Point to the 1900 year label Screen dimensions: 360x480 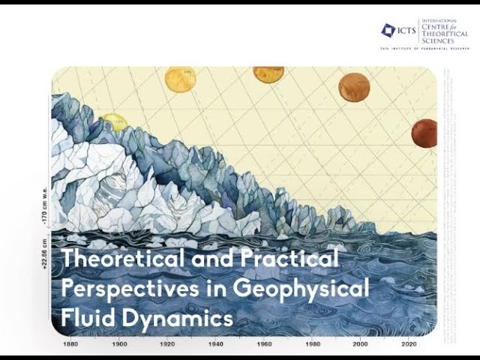(118, 343)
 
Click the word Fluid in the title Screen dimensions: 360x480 (83, 317)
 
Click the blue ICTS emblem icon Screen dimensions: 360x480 (388, 30)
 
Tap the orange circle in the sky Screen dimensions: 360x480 (354, 87)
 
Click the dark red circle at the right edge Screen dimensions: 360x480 (424, 133)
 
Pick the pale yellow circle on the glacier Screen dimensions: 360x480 (115, 121)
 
